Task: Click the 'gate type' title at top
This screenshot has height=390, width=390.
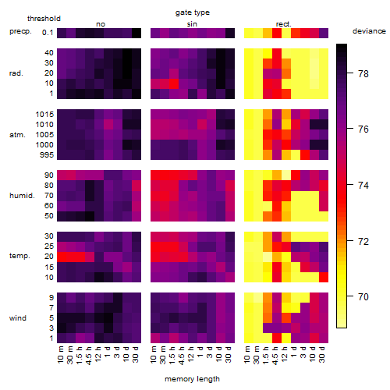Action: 193,12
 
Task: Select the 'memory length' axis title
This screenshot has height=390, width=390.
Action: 192,379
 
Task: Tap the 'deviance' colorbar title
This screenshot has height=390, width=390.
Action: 369,31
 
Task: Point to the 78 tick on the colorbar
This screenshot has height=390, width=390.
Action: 350,73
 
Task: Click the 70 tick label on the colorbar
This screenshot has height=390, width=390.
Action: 363,296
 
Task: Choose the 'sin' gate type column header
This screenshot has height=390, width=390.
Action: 192,24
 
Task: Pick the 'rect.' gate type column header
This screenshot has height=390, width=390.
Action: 283,24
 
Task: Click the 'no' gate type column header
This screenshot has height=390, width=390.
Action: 101,24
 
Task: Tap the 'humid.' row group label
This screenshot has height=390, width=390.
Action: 22,196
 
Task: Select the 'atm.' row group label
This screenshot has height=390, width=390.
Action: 17,135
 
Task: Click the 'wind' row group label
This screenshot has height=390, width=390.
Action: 18,318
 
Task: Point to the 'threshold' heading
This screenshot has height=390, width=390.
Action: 44,19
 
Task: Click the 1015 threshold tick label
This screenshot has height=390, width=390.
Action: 44,115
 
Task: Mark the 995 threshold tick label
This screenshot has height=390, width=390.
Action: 47,155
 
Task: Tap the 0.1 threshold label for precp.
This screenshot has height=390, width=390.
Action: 48,33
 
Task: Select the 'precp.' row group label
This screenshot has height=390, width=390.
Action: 20,31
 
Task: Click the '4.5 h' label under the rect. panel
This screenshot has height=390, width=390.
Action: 275,356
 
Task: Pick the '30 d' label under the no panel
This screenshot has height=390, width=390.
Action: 135,354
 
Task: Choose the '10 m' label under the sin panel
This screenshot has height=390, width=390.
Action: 154,355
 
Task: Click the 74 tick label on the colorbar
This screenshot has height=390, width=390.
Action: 363,186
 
